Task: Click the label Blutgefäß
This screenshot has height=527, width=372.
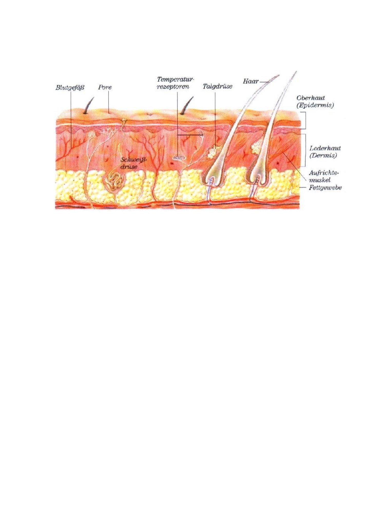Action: [70, 87]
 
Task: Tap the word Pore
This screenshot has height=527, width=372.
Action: [105, 87]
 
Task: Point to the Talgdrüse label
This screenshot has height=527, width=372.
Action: [217, 86]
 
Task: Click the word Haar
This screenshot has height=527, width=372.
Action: [251, 81]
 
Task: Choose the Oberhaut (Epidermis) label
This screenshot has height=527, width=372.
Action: [315, 102]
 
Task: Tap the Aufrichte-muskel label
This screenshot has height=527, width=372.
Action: [324, 176]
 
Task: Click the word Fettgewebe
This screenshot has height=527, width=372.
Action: [325, 188]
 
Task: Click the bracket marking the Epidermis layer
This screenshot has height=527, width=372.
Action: [305, 120]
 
